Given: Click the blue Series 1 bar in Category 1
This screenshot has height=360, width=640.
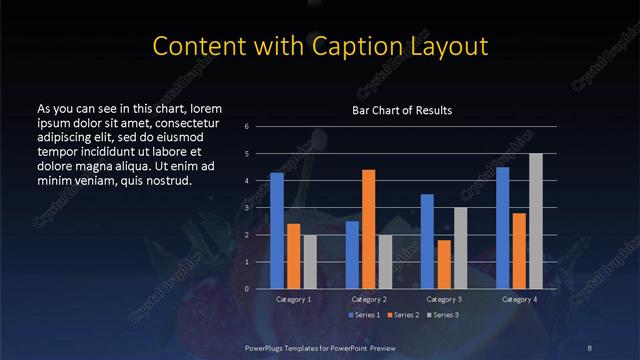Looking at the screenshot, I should coord(277,231).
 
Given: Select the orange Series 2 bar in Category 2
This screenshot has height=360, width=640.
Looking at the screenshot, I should coord(369,229).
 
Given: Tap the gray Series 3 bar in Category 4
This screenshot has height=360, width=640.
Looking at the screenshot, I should coord(536,221).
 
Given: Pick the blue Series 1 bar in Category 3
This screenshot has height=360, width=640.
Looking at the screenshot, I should coord(427,241).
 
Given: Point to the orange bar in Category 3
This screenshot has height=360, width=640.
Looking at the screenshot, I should coord(444,264).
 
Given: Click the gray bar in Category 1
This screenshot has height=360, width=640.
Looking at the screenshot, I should coord(310,262).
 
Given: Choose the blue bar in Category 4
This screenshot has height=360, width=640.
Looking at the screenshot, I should coord(503,228).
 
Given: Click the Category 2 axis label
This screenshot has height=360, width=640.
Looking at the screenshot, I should coord(369,299).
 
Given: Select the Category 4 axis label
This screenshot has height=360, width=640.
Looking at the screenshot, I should coord(519,299).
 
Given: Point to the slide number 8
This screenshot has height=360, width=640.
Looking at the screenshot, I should coord(590,347).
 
